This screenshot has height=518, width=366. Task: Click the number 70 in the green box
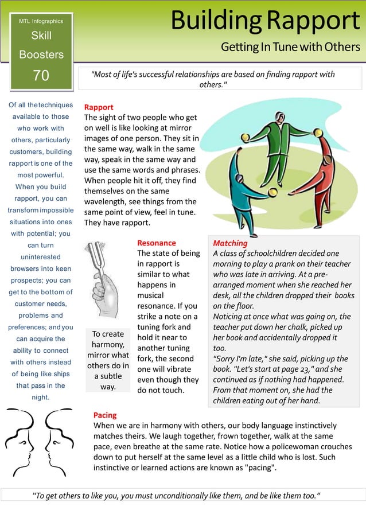click(x=41, y=75)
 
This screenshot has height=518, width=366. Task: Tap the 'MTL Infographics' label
click(x=41, y=21)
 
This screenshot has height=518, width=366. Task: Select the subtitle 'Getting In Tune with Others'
click(x=290, y=47)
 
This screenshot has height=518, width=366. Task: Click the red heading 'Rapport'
click(x=99, y=107)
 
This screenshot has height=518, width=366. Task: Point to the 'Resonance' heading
click(x=157, y=243)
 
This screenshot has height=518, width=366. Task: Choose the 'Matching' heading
click(x=230, y=243)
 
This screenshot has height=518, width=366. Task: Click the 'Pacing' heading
click(x=105, y=415)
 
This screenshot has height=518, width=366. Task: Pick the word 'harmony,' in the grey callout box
click(x=108, y=345)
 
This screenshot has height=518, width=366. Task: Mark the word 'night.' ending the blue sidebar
click(x=41, y=397)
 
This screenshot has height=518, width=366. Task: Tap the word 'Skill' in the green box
click(x=41, y=36)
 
